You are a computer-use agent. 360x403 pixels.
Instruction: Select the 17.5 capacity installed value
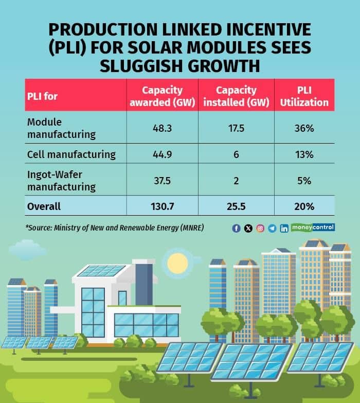[236, 128]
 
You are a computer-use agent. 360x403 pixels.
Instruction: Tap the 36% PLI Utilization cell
[304, 128]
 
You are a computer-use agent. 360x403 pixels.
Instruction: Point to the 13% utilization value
[304, 154]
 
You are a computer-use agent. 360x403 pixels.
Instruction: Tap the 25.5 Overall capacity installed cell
[236, 206]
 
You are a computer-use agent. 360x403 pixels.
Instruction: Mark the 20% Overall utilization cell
[304, 206]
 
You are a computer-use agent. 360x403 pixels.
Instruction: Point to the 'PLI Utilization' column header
[304, 96]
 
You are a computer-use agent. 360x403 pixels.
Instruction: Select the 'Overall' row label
[44, 206]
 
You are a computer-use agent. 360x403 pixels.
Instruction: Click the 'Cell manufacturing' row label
[71, 154]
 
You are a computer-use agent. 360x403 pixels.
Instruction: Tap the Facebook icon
[237, 229]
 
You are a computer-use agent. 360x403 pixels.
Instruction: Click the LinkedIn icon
[284, 229]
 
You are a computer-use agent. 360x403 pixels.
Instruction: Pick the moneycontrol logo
[313, 227]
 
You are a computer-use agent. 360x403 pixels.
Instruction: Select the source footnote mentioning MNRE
[114, 227]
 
